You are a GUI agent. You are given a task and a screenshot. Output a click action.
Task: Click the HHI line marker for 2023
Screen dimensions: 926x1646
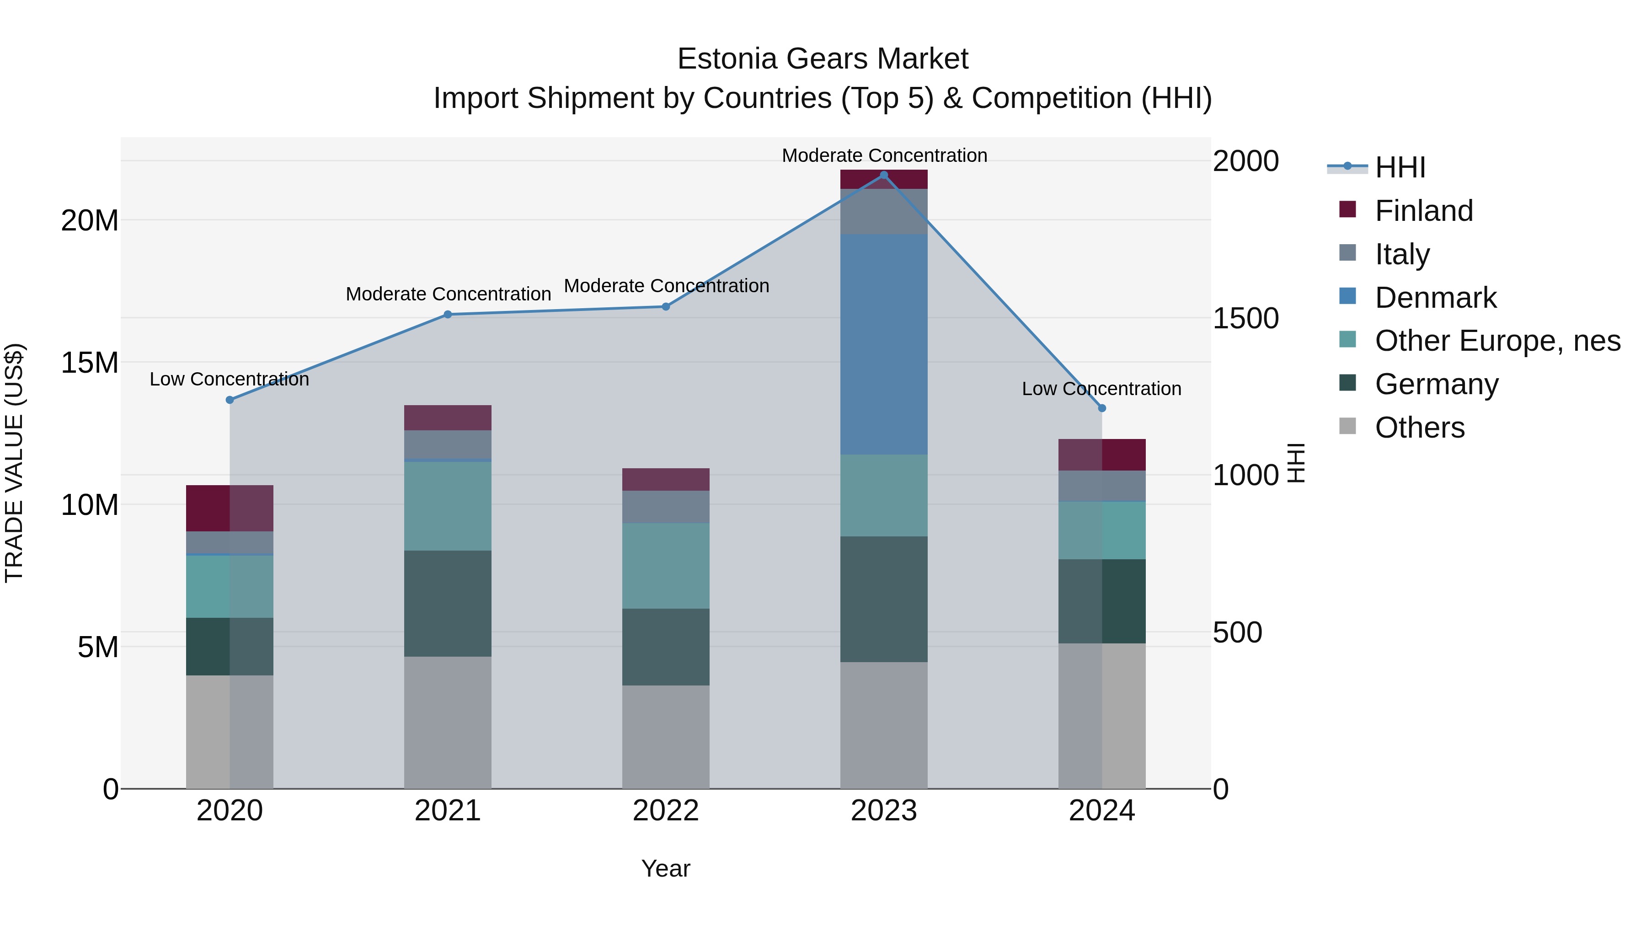884,175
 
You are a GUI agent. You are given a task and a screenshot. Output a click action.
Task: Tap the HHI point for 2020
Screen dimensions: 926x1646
230,400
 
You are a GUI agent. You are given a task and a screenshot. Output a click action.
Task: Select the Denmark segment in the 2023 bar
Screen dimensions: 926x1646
884,345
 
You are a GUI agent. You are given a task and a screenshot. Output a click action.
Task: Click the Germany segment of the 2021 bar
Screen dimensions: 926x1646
447,604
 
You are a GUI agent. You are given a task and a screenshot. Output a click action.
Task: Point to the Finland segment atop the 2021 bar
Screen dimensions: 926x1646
447,418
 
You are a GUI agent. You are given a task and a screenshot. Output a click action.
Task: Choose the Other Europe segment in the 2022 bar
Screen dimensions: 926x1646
666,566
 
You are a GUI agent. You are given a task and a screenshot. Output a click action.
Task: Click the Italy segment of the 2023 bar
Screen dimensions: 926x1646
884,212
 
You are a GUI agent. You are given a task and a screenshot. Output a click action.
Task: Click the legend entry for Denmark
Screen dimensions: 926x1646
1435,298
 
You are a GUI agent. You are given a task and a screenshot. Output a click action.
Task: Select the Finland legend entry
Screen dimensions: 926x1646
1424,211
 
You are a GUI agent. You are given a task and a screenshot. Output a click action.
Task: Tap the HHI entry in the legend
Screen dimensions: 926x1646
1400,167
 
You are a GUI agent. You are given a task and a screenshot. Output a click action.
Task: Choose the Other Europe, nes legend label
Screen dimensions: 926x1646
1497,341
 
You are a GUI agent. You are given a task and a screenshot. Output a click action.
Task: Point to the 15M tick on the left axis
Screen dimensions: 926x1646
90,363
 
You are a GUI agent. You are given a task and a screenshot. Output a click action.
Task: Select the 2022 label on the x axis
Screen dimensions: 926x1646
666,811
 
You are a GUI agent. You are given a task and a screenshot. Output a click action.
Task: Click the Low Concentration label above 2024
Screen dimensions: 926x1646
1101,389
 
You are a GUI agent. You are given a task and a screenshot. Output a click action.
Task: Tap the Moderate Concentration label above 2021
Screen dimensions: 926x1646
448,294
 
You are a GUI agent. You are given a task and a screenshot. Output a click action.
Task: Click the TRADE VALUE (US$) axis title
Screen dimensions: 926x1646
14,463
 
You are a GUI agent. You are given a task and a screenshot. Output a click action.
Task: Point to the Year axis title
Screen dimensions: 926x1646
666,868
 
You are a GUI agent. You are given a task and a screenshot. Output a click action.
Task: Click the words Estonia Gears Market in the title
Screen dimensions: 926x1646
823,59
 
